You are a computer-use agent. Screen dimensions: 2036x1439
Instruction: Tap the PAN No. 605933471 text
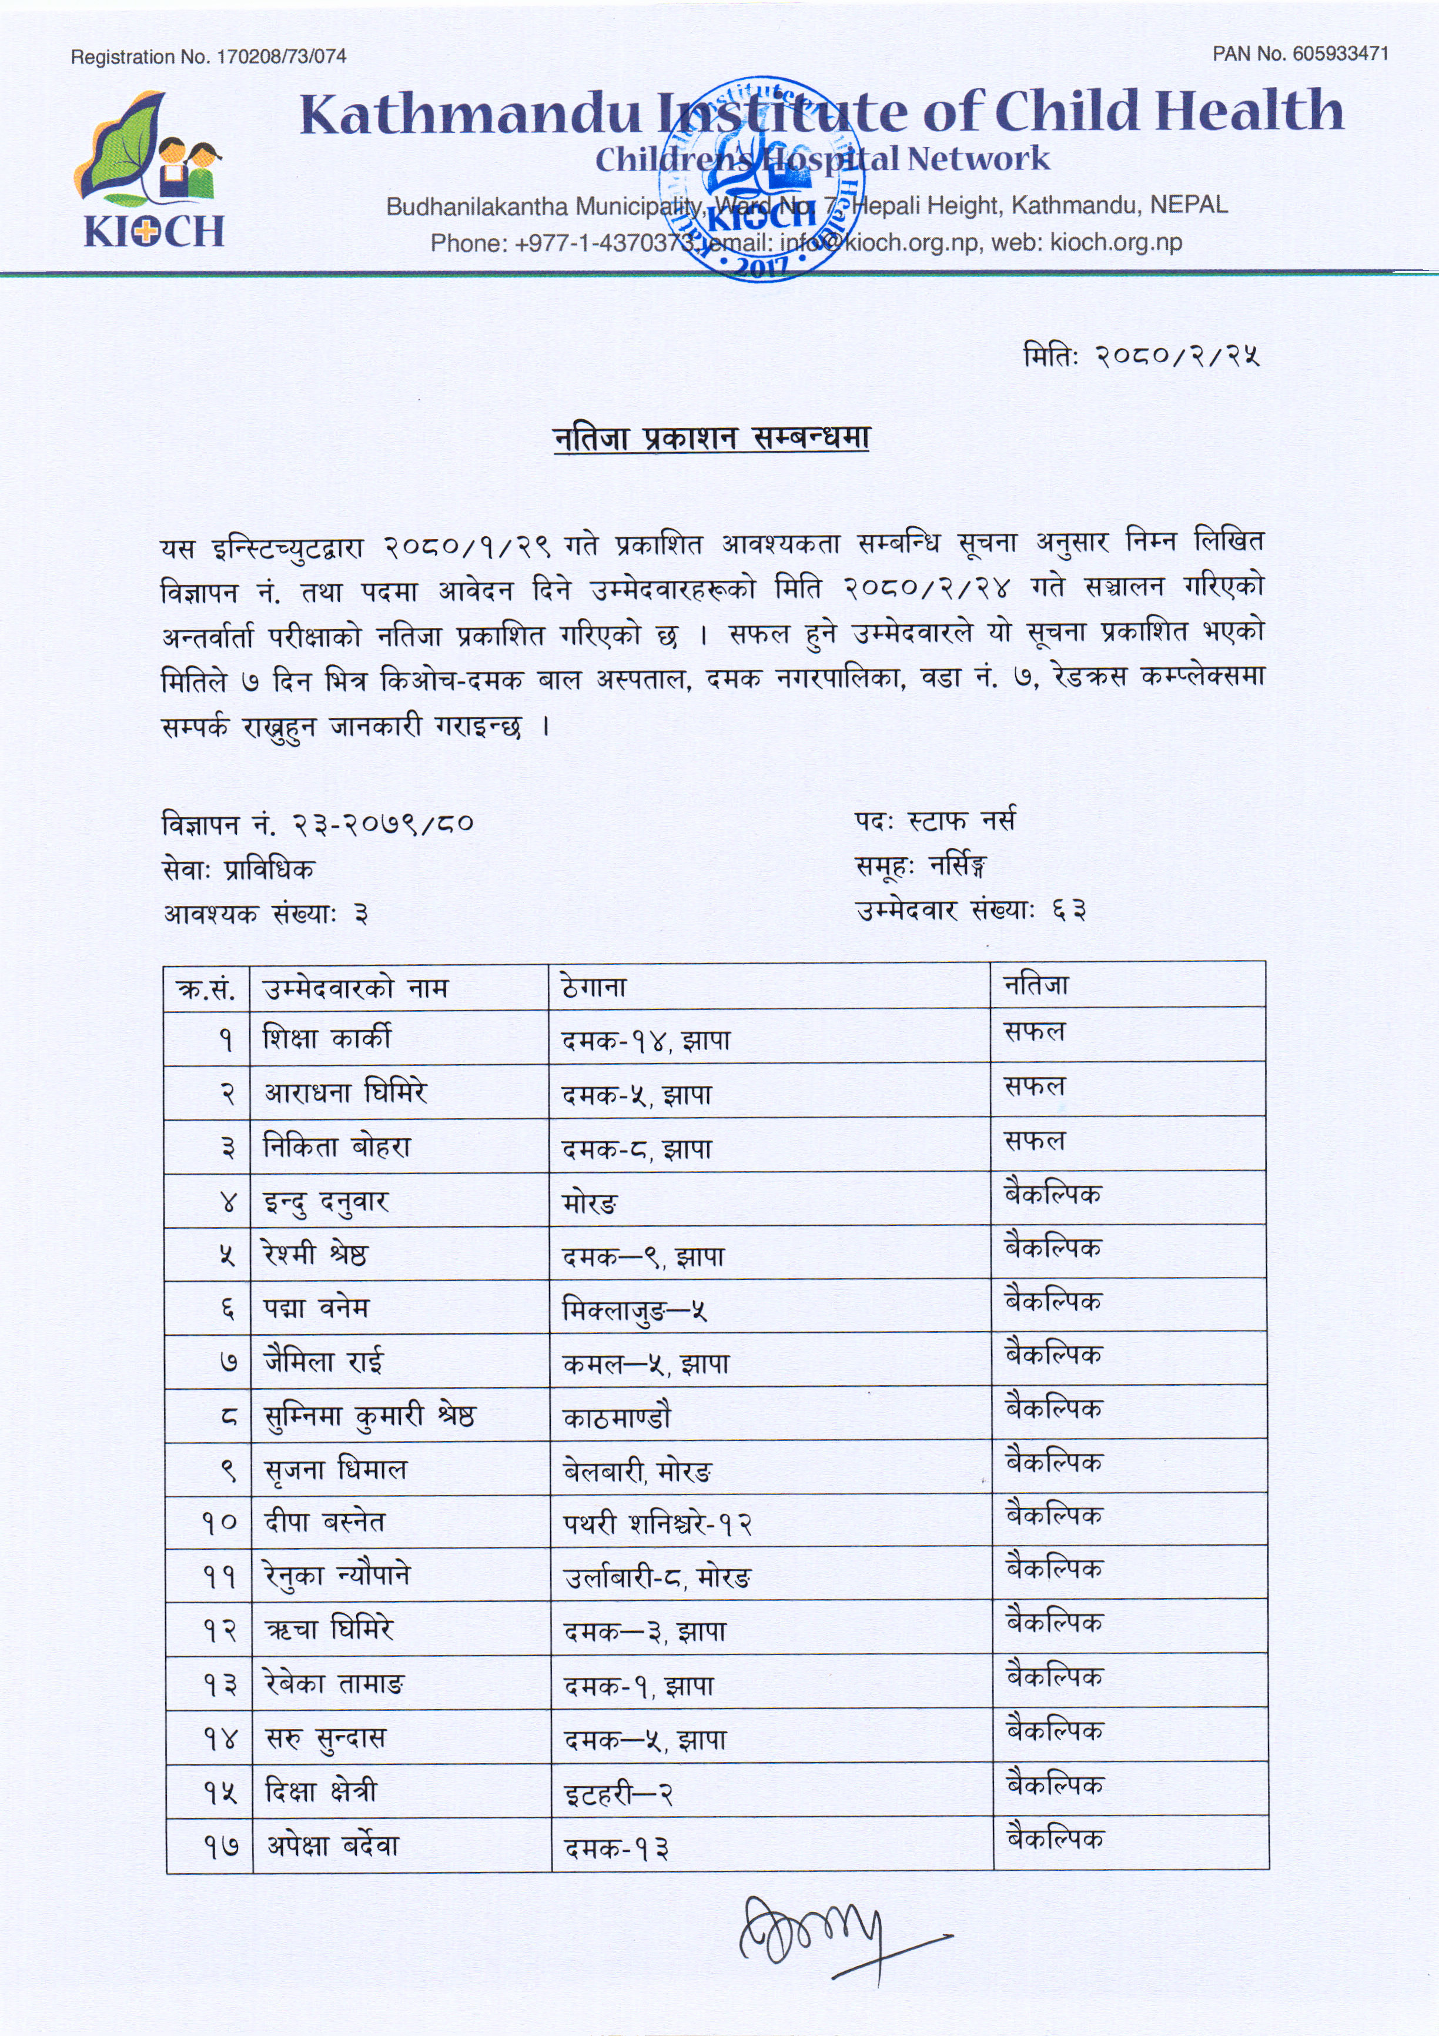coord(1300,54)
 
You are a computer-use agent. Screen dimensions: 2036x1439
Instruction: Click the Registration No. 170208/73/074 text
coord(208,57)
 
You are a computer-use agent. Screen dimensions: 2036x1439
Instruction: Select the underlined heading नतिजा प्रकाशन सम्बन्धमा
coord(711,438)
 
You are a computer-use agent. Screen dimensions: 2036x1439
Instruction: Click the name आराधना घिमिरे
coord(345,1092)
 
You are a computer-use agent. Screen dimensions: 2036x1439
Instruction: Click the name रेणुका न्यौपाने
coord(338,1576)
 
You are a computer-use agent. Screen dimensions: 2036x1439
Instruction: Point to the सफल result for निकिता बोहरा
coord(1034,1141)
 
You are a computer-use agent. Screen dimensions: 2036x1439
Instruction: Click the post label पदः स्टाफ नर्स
coord(935,821)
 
